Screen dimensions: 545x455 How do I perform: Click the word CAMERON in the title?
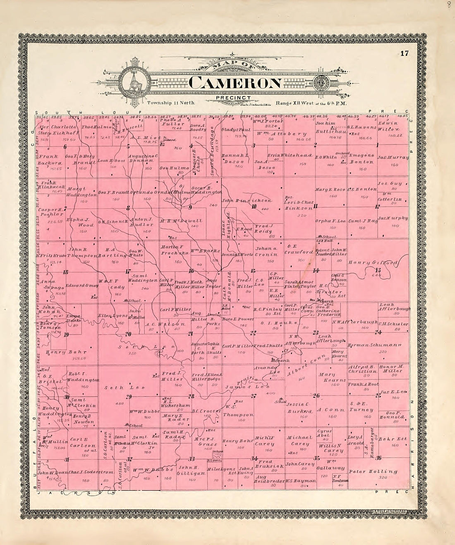click(235, 83)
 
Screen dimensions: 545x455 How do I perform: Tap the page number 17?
click(404, 53)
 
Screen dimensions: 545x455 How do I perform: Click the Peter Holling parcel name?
click(373, 471)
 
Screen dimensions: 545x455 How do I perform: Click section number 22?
click(253, 332)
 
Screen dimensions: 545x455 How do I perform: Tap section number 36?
click(378, 457)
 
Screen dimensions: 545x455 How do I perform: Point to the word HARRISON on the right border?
click(412, 446)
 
